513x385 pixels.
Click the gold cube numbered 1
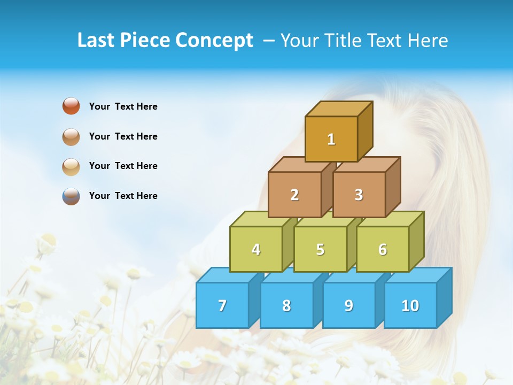331,139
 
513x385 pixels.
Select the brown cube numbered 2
294,195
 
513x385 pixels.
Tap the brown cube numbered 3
359,195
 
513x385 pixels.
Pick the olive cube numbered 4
256,249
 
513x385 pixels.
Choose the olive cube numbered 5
320,249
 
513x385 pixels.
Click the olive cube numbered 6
383,249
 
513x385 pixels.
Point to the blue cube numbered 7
222,305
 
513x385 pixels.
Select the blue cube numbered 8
286,305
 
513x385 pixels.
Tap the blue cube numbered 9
349,305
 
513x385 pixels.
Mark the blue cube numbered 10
410,305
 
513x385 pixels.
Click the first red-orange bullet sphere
71,106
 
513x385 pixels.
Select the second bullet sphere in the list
71,136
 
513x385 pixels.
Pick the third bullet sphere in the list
71,166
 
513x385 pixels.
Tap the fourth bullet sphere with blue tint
71,196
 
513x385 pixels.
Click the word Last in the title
96,40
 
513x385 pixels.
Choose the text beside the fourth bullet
123,196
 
